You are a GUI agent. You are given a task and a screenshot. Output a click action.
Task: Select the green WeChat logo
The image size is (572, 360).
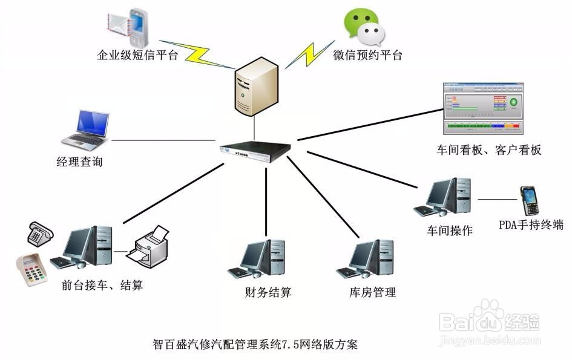364,27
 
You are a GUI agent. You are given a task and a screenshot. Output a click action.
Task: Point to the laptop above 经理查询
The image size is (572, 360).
85,130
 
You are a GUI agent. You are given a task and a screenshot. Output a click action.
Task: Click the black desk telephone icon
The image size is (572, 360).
41,234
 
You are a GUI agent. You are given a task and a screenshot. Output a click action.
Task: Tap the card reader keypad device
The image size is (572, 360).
31,269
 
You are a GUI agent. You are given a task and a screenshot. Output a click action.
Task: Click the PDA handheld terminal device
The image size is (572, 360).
530,201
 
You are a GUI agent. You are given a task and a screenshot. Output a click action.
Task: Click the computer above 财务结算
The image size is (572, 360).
257,258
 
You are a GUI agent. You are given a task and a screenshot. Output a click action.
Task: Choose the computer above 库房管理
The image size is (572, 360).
365,258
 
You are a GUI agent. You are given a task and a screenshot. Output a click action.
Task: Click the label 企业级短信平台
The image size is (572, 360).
137,55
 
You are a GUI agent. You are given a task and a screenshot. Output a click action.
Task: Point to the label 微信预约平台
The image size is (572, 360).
367,55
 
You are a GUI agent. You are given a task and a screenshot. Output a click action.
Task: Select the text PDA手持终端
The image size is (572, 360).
531,224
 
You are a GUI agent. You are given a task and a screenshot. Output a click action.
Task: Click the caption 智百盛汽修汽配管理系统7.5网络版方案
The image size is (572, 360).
255,344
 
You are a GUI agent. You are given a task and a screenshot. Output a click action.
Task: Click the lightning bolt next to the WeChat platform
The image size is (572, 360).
310,54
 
